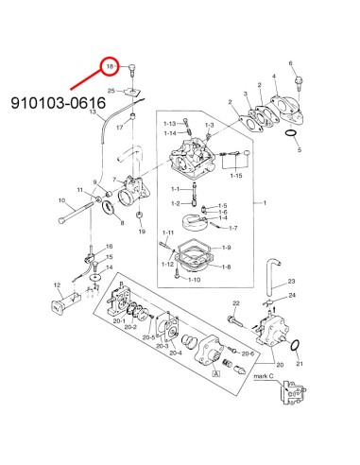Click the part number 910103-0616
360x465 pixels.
(59, 103)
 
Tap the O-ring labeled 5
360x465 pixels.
(291, 133)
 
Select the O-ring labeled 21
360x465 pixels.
(295, 346)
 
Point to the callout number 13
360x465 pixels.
(93, 112)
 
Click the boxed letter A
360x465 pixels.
(215, 373)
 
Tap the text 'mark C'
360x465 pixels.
(264, 376)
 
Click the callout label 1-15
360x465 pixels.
(236, 176)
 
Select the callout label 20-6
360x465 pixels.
(248, 353)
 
